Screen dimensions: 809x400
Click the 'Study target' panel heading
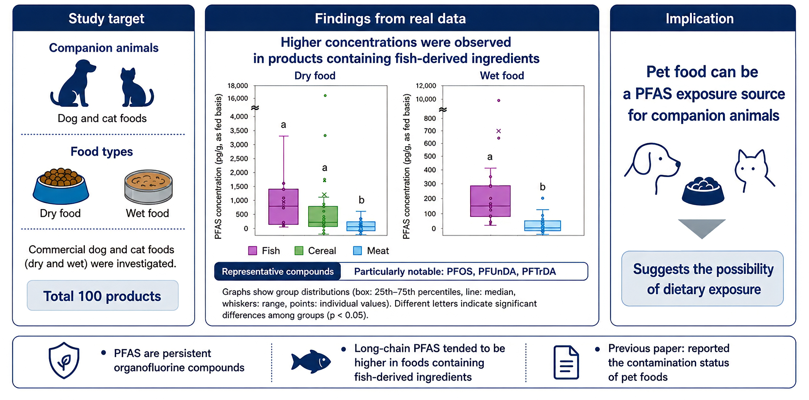pos(106,19)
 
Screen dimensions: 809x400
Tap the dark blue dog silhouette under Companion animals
pos(73,83)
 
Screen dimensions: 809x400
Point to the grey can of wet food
pos(149,187)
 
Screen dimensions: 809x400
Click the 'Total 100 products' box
pos(103,296)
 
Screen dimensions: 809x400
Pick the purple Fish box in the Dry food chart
pos(283,207)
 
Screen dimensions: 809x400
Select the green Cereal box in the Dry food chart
pos(323,216)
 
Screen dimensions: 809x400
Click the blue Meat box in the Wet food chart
pos(543,226)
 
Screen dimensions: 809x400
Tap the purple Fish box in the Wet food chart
pos(490,201)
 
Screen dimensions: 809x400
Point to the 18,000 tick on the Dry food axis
pos(238,86)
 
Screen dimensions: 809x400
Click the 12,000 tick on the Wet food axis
pos(426,86)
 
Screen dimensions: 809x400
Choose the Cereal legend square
pos(299,251)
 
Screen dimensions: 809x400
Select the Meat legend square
pos(358,251)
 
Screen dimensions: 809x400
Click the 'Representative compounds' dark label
pos(278,271)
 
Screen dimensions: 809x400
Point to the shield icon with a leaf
pos(64,360)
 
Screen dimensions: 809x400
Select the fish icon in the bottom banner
pos(311,362)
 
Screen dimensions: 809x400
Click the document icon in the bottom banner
pos(566,362)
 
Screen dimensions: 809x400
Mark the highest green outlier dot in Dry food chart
pos(325,96)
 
